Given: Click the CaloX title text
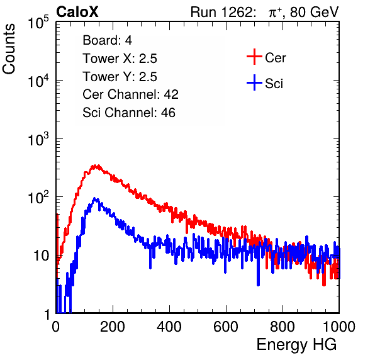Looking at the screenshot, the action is pos(77,12).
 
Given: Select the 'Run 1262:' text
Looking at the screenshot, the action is pos(221,12).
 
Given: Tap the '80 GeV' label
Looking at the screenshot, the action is pos(314,12).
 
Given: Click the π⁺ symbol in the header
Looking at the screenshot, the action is pos(275,13).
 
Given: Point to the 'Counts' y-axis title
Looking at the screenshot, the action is pos(9,49).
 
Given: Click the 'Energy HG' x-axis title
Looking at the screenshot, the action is pos(296,345).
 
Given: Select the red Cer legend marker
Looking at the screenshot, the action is pos(254,57).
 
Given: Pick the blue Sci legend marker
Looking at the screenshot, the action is pos(254,82).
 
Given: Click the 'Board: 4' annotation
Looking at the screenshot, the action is pos(107,40).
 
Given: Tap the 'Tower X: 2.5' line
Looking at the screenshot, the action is pos(120,59).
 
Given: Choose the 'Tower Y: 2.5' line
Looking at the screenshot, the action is pos(120,77).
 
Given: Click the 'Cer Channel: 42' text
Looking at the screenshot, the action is pos(131,94).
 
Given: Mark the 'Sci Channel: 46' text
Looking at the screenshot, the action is pos(129,113).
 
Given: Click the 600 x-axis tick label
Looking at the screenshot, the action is pos(226,327).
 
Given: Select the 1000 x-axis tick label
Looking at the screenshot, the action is pos(339,327).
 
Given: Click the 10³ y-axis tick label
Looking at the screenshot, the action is pos(38,139).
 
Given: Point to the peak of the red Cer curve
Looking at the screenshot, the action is pos(95,166).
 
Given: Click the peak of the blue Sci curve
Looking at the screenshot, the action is pos(95,199).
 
